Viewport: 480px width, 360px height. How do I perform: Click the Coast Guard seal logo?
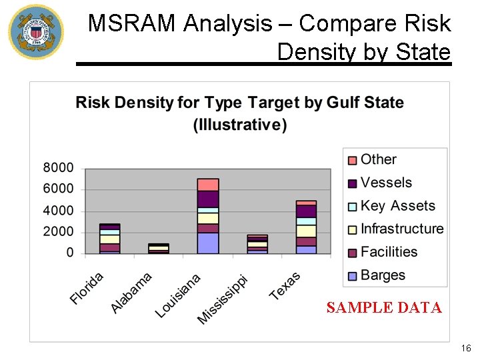pyautogui.click(x=36, y=32)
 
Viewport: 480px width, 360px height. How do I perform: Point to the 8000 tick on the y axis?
pyautogui.click(x=59, y=168)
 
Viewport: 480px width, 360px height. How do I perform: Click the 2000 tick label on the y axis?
pyautogui.click(x=59, y=232)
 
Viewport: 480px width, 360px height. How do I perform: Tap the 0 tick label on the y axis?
pyautogui.click(x=70, y=253)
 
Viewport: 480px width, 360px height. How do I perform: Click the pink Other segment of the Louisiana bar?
pyautogui.click(x=208, y=185)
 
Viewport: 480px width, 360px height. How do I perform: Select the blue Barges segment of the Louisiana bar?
pyautogui.click(x=208, y=243)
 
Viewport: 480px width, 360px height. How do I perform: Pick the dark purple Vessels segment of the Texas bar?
pyautogui.click(x=306, y=211)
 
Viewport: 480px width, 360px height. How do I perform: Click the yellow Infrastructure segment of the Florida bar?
pyautogui.click(x=109, y=239)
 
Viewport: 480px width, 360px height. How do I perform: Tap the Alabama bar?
pyautogui.click(x=158, y=249)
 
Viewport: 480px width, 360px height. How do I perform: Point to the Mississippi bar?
pyautogui.click(x=257, y=245)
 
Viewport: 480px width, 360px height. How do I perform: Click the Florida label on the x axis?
pyautogui.click(x=87, y=289)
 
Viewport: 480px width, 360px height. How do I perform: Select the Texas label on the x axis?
pyautogui.click(x=285, y=286)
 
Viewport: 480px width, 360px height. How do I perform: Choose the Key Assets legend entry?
pyautogui.click(x=397, y=206)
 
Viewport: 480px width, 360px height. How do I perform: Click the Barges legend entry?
pyautogui.click(x=383, y=275)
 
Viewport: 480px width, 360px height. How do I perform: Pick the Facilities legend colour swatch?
pyautogui.click(x=351, y=253)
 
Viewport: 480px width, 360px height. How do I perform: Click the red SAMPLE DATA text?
pyautogui.click(x=384, y=307)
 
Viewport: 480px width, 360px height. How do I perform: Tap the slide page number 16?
pyautogui.click(x=465, y=348)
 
